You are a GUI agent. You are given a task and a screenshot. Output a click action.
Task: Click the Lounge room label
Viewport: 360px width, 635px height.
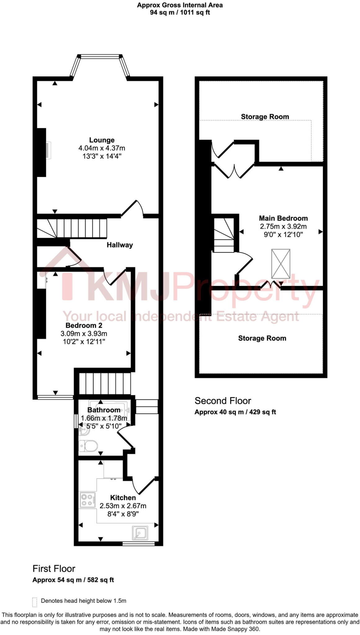point(102,140)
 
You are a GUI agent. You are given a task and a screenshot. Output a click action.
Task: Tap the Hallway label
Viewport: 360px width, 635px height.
point(120,245)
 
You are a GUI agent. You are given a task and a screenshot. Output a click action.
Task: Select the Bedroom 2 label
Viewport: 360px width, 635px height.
point(84,326)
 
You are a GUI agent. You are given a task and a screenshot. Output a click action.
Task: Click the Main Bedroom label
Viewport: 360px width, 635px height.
point(283,218)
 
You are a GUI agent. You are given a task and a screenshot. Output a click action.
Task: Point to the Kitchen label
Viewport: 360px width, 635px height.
point(123,498)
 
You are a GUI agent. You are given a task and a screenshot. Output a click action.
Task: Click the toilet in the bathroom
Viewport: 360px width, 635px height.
point(88,446)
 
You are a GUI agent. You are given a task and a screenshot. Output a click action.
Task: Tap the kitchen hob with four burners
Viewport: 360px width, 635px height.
point(87,500)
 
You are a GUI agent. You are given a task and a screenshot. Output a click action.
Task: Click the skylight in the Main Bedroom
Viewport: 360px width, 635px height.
point(281,264)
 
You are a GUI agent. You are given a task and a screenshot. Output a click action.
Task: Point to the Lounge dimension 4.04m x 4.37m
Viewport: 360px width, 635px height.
point(102,148)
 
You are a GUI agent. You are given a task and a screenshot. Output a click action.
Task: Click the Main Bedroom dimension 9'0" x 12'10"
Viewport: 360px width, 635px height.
point(283,235)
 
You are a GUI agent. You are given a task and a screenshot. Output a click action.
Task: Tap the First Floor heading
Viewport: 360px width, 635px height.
point(54,569)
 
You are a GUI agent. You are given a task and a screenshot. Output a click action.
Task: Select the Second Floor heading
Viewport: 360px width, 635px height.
point(223,401)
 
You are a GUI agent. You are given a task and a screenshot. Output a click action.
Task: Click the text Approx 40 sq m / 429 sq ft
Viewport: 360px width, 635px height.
point(235,412)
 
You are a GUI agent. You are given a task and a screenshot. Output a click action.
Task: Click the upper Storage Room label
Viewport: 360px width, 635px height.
point(265,117)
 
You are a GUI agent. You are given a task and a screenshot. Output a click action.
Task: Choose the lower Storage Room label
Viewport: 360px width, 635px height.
point(262,338)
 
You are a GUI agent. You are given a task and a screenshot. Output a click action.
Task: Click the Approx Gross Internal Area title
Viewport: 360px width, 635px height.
point(180,5)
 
